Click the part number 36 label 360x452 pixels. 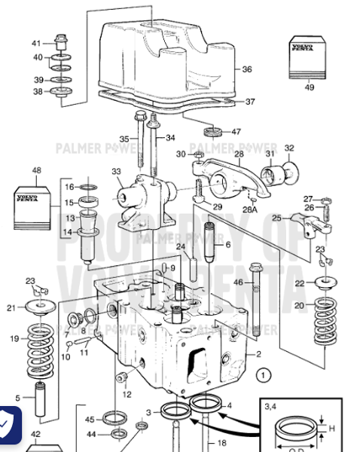(247, 69)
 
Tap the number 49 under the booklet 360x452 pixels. (309, 87)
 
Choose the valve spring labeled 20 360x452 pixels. (325, 317)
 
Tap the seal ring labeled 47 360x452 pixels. (214, 132)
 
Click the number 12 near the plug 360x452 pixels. (127, 394)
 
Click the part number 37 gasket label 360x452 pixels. (250, 102)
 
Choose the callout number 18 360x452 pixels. (221, 443)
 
